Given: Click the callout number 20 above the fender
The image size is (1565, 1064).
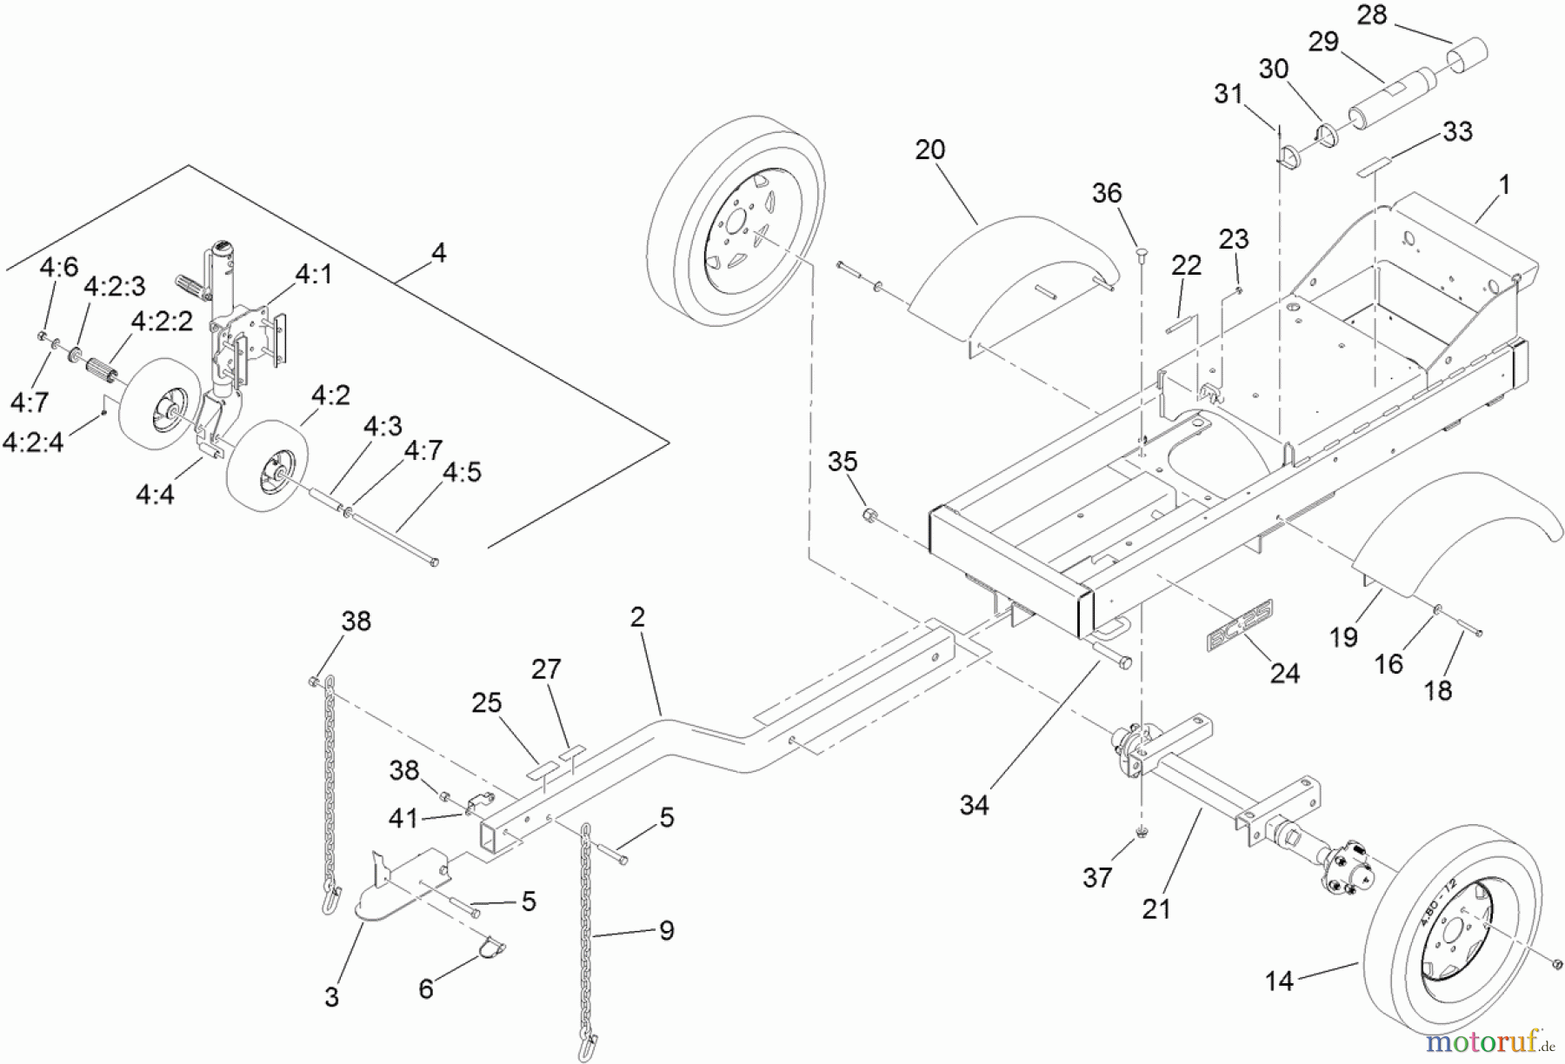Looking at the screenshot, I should pyautogui.click(x=929, y=150).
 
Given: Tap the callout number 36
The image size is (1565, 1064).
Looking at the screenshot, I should pyautogui.click(x=1106, y=193).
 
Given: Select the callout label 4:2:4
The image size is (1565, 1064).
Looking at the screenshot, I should pyautogui.click(x=33, y=442).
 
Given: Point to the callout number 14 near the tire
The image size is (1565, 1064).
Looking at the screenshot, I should pyautogui.click(x=1279, y=981).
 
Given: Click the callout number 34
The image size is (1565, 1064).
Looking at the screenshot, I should pyautogui.click(x=974, y=805).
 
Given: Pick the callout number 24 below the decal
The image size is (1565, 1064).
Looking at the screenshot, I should pyautogui.click(x=1285, y=673).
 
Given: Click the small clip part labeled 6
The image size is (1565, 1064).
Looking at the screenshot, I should pyautogui.click(x=492, y=947).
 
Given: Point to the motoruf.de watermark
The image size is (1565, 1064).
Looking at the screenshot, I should pyautogui.click(x=1492, y=1041).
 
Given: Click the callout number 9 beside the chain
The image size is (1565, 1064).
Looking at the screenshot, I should pyautogui.click(x=666, y=931).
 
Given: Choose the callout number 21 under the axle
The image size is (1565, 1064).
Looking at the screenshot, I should pyautogui.click(x=1155, y=908).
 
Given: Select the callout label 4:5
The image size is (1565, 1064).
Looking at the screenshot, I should pyautogui.click(x=462, y=472).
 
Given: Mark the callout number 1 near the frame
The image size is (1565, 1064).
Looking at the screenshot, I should pyautogui.click(x=1505, y=184).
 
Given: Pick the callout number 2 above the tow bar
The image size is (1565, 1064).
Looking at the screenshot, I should pyautogui.click(x=637, y=617).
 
